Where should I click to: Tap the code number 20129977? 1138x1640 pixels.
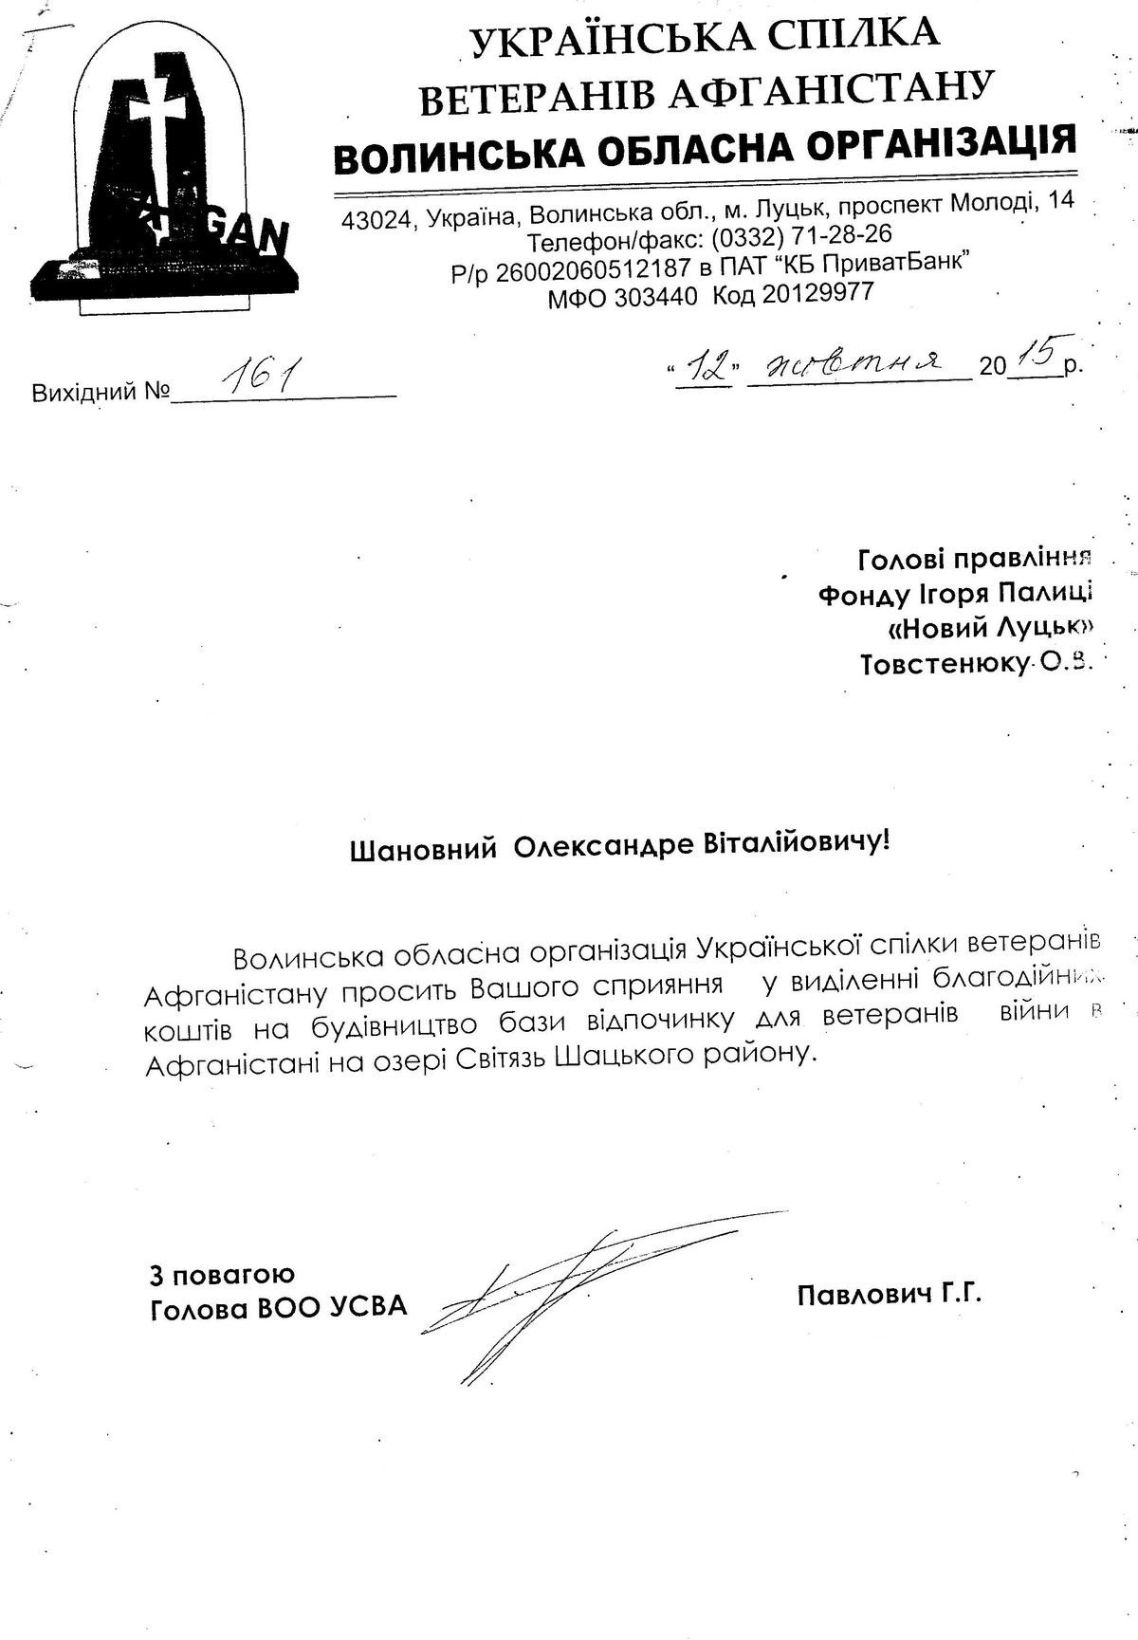coord(817,296)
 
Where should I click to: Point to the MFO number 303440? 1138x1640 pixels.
coord(655,297)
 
